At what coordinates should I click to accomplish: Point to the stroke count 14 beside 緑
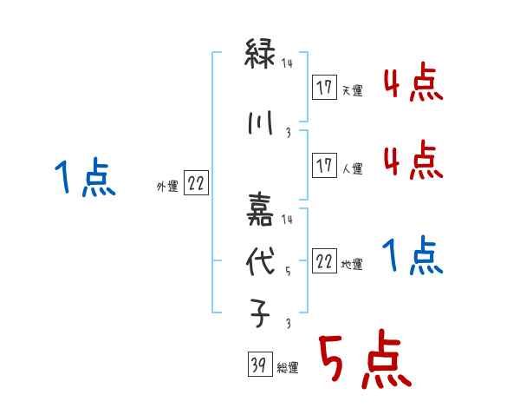tap(289, 63)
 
